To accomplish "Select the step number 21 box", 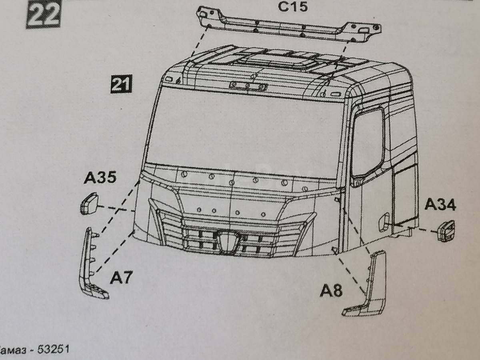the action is point(121,84).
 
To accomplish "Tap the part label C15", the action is point(293,6).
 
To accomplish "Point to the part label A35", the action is point(100,178).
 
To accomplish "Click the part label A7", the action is point(121,277).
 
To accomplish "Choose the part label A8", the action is point(331,291).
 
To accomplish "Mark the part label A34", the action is point(440,204).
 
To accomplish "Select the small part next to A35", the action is point(90,203).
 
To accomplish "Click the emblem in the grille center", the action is point(229,242).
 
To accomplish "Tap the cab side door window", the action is point(368,143).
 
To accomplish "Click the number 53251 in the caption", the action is point(53,349).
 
